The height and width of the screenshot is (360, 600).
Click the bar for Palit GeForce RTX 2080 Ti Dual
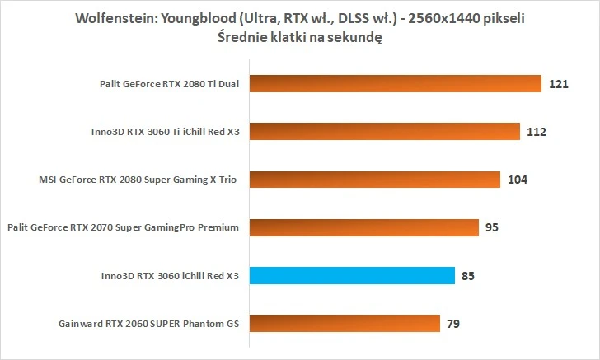(396, 83)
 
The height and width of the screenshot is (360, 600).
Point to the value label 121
(559, 84)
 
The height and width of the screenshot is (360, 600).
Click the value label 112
(537, 132)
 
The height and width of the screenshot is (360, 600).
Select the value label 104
(518, 180)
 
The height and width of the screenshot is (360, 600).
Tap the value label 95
(492, 227)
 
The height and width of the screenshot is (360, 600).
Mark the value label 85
(468, 275)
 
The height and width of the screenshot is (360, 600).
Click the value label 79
(453, 323)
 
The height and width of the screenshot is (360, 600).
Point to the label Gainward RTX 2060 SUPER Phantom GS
(148, 323)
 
